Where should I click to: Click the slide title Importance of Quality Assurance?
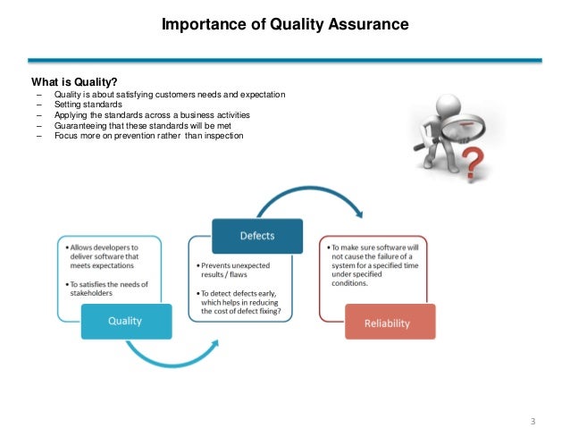pos(284,25)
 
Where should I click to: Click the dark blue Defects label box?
pos(256,235)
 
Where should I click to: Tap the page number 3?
pos(533,396)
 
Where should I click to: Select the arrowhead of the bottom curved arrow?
pos(214,341)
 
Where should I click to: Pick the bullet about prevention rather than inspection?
pos(147,137)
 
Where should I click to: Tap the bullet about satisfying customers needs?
pos(170,95)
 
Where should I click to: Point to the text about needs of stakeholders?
pos(106,290)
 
